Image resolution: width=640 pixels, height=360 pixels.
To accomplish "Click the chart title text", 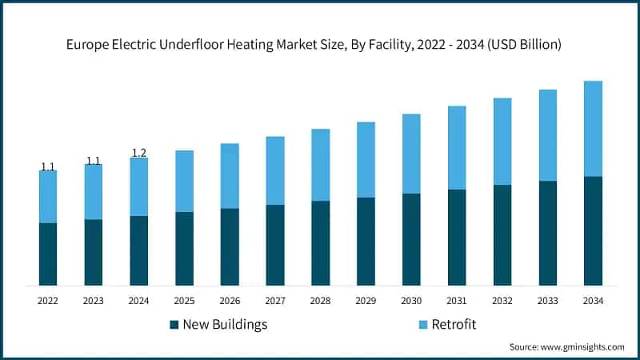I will click(320, 45).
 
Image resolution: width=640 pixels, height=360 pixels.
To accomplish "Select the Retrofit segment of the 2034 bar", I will click(593, 129).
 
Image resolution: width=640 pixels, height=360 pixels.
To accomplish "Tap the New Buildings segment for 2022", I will click(48, 254).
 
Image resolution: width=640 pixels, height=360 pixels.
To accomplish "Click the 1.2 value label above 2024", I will click(139, 153).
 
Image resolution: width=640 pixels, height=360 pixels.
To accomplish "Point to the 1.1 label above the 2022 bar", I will click(48, 166).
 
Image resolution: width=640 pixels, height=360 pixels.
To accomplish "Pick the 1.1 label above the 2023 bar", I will click(94, 161).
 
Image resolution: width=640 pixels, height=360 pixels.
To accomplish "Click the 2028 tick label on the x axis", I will click(320, 301).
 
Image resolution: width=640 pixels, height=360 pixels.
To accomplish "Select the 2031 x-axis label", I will click(457, 301).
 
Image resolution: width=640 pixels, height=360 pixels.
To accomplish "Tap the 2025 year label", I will click(184, 301).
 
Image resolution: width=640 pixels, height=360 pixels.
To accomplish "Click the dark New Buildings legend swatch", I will click(174, 325).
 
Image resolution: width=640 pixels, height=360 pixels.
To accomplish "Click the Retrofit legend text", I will click(454, 325).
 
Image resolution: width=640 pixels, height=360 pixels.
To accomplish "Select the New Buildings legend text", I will click(225, 325).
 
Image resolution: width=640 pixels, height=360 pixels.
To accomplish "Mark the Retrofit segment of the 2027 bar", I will click(275, 170).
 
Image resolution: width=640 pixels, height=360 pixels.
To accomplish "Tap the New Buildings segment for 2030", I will click(411, 239).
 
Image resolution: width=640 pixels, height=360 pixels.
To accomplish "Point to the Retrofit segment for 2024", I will click(139, 186).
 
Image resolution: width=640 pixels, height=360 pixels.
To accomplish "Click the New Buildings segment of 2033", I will click(547, 233).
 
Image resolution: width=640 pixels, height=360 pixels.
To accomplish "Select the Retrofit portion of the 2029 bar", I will click(366, 159).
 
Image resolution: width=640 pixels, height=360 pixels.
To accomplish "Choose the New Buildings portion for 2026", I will click(230, 246).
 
